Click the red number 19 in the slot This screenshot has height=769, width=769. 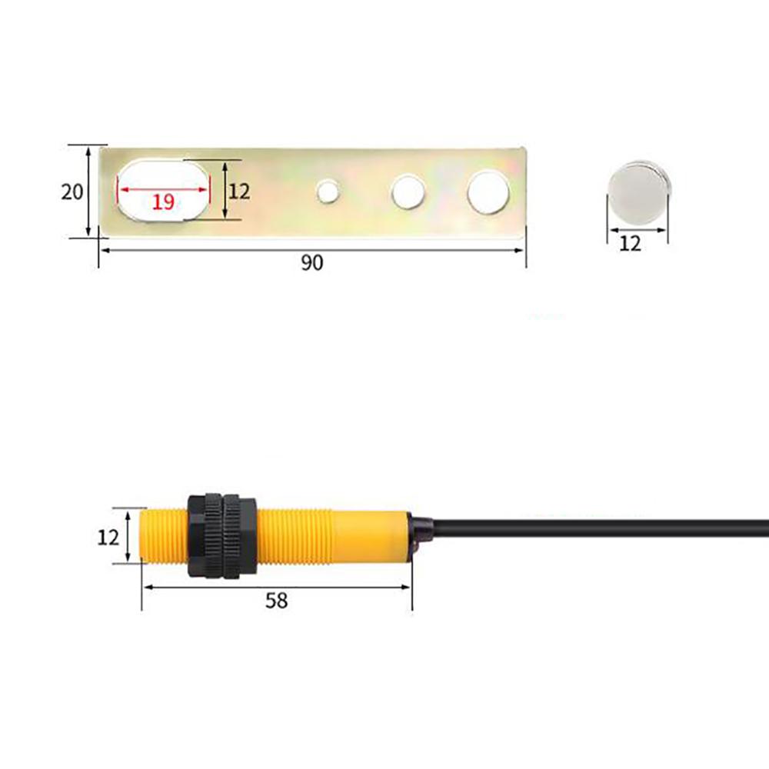tap(162, 202)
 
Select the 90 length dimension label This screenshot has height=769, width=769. tap(311, 263)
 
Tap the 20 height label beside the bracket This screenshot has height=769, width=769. tap(72, 191)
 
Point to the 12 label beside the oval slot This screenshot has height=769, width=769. tap(239, 191)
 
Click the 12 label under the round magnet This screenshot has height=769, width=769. tap(630, 244)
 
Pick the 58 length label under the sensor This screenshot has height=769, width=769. tap(276, 601)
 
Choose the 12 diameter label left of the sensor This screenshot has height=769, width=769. tap(108, 537)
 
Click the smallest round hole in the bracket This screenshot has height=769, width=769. tap(328, 191)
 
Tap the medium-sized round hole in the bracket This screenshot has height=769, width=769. tap(408, 191)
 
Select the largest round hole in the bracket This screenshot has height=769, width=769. tap(488, 191)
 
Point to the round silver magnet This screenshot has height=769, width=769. tap(637, 192)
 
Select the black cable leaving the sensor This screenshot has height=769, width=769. tap(600, 528)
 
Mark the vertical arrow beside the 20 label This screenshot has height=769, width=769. tap(88, 191)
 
